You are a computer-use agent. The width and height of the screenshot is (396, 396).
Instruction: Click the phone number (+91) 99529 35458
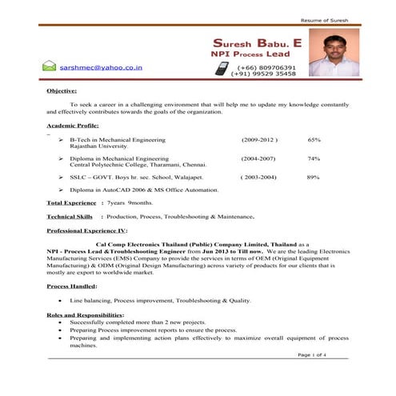(264, 74)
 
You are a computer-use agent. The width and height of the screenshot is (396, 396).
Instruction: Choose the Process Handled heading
(72, 286)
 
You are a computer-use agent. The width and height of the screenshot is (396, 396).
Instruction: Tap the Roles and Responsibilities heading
(84, 314)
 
